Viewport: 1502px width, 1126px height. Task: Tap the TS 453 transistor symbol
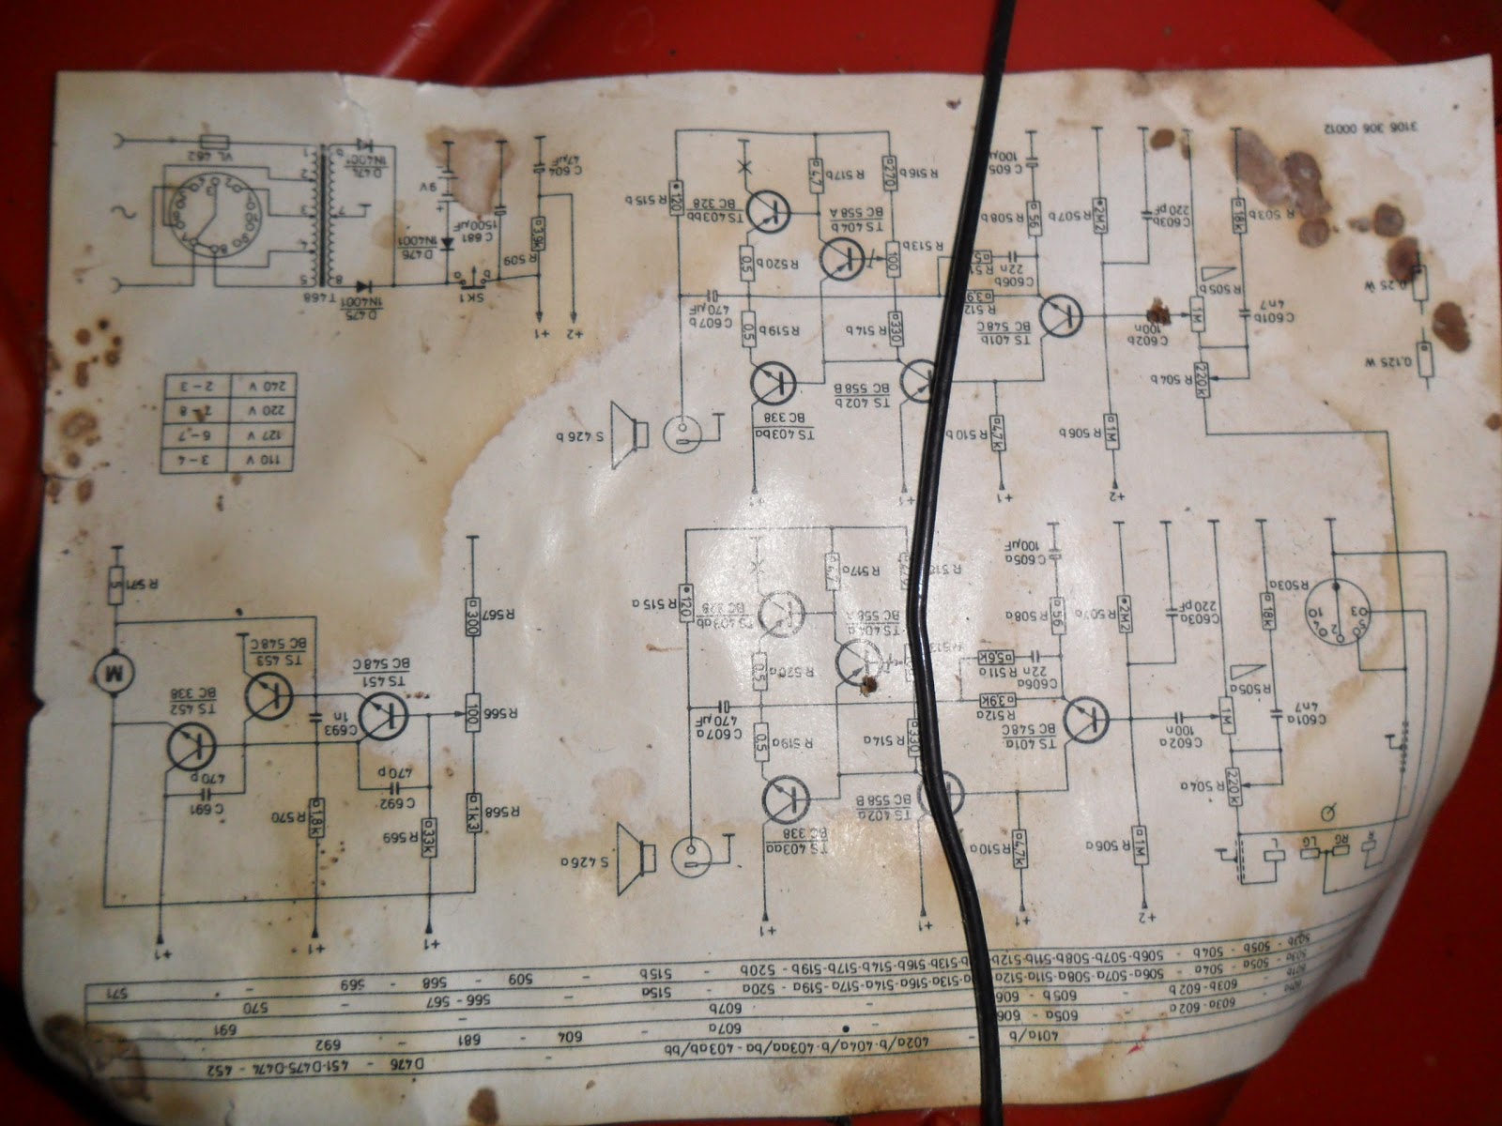click(x=268, y=695)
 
